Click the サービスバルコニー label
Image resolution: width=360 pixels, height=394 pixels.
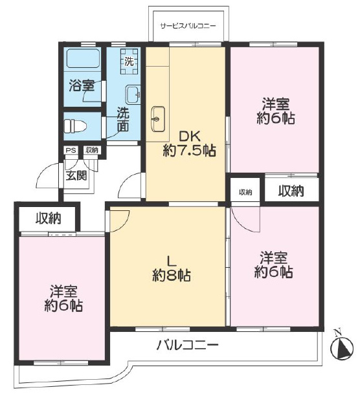[188, 26]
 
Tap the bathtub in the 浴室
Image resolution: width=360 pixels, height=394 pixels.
[84, 58]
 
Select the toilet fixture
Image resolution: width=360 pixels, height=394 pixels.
[75, 126]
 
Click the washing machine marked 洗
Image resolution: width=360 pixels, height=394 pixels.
[129, 61]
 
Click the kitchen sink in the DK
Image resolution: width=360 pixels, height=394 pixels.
[158, 118]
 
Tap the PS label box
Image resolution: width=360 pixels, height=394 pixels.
[71, 150]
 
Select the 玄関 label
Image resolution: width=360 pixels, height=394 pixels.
[76, 175]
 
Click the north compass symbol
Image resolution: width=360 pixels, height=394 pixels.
[342, 348]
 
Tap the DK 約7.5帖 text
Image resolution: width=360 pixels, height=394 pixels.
[189, 144]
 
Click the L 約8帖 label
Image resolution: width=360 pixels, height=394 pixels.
[172, 269]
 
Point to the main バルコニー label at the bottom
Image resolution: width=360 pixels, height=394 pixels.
[187, 345]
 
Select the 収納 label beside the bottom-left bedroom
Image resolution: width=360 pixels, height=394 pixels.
[48, 218]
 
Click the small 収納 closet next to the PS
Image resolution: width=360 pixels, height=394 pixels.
[91, 150]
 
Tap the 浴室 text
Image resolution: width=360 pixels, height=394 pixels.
[82, 85]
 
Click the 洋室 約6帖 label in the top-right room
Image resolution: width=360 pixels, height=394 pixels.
[276, 111]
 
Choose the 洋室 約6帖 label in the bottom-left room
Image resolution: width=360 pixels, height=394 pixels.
[63, 299]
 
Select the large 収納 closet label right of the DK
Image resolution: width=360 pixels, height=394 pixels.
[291, 192]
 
